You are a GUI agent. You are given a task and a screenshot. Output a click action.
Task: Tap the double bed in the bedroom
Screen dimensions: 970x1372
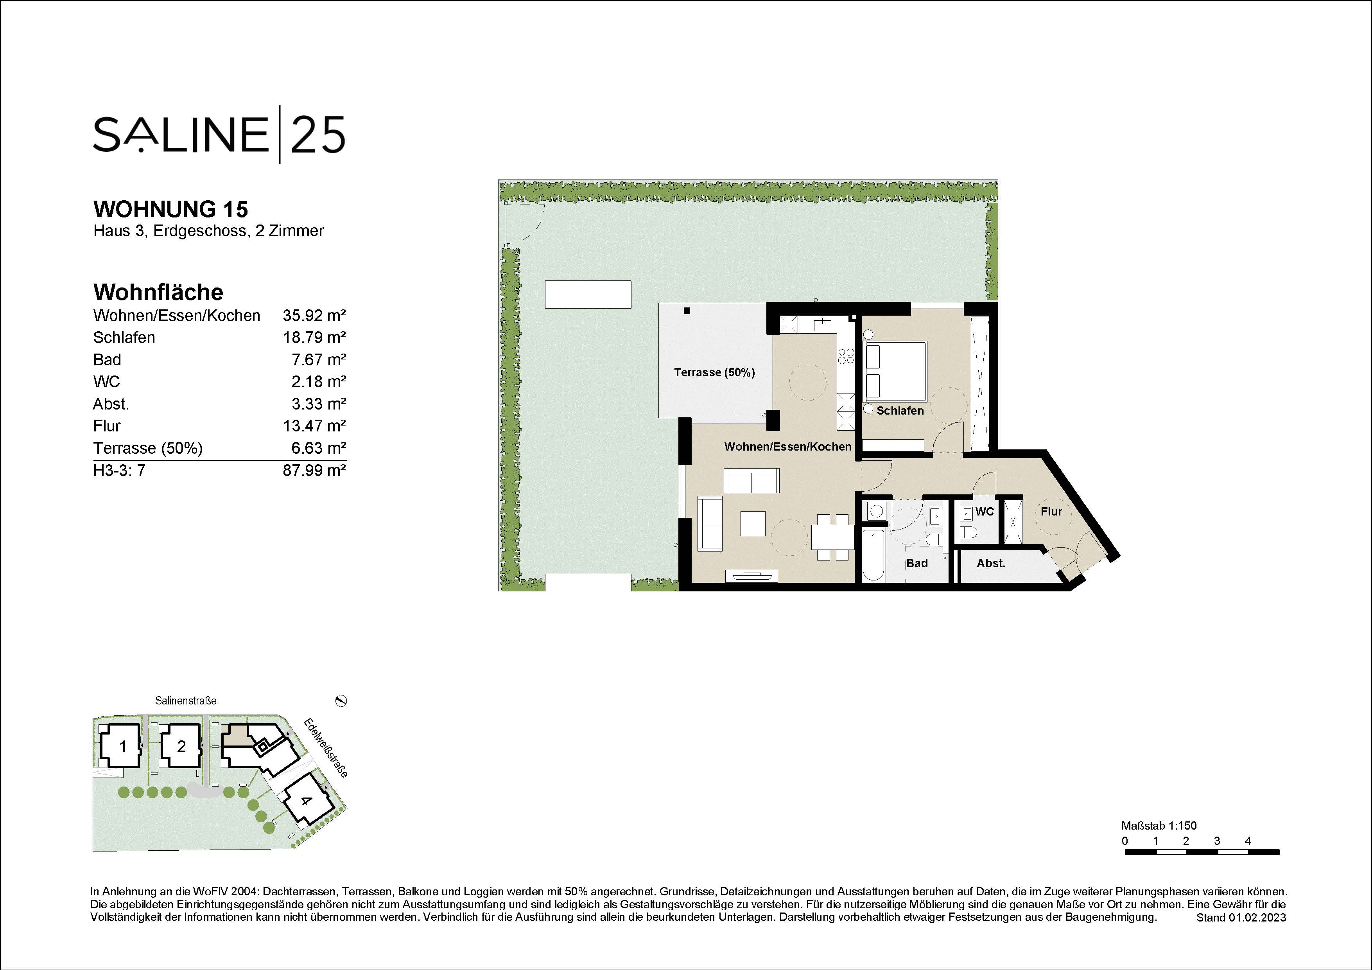(895, 371)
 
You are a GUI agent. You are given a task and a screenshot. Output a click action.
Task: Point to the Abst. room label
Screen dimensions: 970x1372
(991, 563)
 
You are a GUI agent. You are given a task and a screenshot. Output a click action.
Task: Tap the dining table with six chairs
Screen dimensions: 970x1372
(833, 537)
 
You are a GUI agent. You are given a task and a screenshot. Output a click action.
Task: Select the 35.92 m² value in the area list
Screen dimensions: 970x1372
(314, 316)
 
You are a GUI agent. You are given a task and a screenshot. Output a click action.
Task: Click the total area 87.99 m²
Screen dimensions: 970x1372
(314, 471)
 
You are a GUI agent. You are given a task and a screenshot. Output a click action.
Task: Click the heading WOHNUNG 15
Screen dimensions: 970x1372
(170, 209)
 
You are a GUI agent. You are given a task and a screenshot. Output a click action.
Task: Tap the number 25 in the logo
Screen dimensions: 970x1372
(318, 135)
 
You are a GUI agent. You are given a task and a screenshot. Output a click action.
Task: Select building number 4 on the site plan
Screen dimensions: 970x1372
(306, 801)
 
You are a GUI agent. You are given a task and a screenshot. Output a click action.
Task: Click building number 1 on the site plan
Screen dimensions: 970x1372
(123, 747)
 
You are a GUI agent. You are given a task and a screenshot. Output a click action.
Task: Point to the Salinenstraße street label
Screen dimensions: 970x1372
(185, 701)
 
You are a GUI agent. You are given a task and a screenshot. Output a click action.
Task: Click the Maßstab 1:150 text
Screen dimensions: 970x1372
(1159, 826)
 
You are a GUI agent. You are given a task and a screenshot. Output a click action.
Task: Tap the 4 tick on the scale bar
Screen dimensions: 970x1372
(1248, 841)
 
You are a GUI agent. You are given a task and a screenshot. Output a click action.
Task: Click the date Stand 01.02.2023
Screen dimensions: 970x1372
(1241, 918)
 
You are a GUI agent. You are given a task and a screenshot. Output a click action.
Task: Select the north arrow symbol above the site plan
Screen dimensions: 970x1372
(341, 701)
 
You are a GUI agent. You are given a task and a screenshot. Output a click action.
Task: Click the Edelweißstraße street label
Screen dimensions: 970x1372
(326, 748)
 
